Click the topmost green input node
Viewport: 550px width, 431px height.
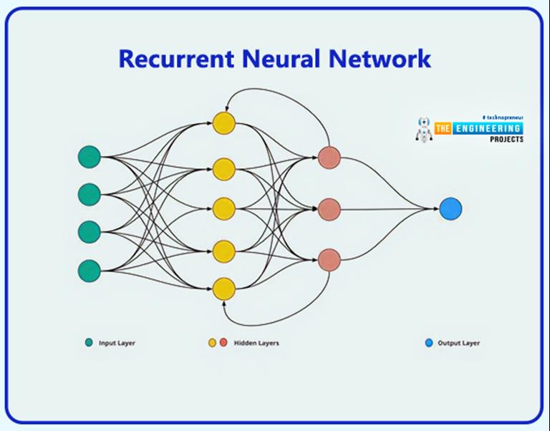(x=89, y=156)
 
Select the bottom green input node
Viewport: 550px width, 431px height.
(x=89, y=270)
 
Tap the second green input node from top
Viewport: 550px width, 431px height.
(x=89, y=194)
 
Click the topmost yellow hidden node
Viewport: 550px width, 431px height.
(x=223, y=122)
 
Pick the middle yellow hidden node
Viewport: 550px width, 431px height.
(x=223, y=208)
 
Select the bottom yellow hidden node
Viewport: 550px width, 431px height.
(x=223, y=289)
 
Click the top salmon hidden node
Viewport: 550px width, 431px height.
(x=329, y=157)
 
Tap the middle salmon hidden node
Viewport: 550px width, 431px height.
(x=329, y=209)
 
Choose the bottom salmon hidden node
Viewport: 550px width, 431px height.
(x=329, y=260)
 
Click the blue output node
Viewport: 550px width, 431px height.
(x=450, y=209)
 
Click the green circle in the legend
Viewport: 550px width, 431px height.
(x=89, y=343)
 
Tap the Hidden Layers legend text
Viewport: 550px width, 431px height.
(x=256, y=343)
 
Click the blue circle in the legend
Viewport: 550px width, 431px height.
(x=429, y=343)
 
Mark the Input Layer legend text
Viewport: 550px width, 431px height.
(x=117, y=343)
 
